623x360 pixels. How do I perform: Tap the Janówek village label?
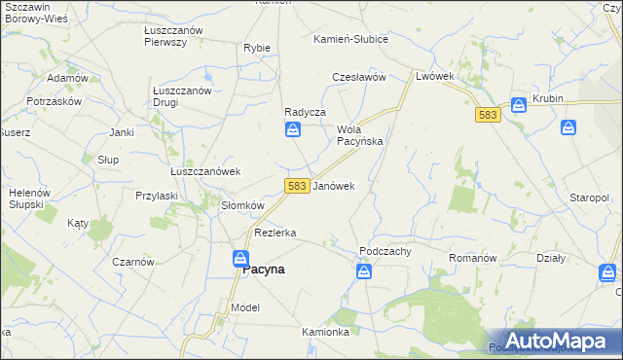click(333, 185)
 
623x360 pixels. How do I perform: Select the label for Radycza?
click(304, 112)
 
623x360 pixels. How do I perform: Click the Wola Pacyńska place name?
click(360, 135)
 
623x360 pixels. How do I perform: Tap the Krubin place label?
click(548, 99)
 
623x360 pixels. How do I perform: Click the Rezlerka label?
click(275, 234)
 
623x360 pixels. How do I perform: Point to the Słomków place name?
click(242, 205)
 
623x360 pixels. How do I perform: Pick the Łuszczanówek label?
click(205, 171)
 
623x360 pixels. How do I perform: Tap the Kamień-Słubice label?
click(350, 39)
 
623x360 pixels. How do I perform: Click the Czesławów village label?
click(360, 76)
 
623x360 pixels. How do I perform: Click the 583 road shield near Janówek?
click(298, 185)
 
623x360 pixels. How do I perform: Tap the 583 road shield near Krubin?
click(489, 115)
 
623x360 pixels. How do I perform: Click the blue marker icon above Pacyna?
click(240, 258)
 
